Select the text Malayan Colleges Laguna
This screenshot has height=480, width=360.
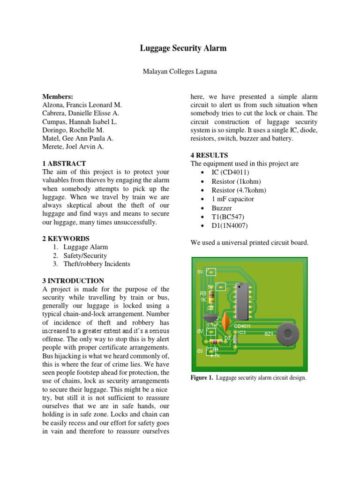click(x=180, y=71)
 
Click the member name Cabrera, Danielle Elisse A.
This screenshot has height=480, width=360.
click(x=81, y=113)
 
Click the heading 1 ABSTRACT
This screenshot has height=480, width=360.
click(x=64, y=164)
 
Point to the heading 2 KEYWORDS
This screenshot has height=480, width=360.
click(x=66, y=239)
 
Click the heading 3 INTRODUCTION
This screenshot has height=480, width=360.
click(x=73, y=281)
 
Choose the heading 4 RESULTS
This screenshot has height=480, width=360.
click(x=209, y=155)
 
